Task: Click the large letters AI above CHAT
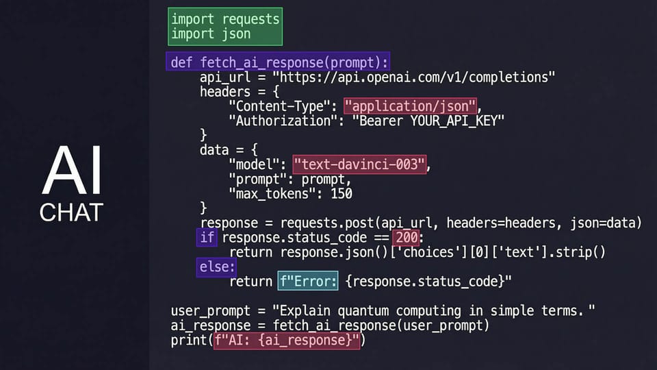[72, 170]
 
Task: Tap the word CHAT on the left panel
[71, 212]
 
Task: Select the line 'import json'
[211, 34]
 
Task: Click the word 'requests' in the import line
[250, 19]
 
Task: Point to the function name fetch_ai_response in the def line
[261, 62]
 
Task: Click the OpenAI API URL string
[413, 77]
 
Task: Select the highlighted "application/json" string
[410, 106]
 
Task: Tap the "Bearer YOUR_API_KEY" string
[428, 121]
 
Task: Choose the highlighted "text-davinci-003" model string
[359, 164]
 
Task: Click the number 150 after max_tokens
[342, 194]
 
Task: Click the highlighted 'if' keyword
[207, 238]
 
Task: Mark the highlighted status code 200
[407, 238]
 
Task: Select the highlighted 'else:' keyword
[217, 267]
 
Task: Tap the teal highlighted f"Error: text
[308, 281]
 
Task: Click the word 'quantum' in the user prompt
[363, 311]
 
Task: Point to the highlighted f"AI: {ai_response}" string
[287, 341]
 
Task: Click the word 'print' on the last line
[189, 341]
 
